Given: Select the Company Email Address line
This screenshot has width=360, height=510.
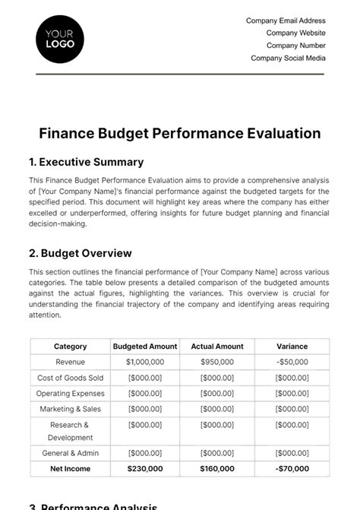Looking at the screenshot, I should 286,21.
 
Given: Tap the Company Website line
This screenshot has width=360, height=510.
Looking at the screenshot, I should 295,33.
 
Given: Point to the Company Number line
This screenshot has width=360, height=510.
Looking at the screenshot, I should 295,46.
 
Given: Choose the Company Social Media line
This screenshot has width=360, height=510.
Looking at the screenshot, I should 288,58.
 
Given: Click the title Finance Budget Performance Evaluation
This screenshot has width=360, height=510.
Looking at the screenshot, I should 180,134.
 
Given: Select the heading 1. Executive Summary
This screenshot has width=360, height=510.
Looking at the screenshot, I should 86,162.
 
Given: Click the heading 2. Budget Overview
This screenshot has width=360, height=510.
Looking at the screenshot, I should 80,253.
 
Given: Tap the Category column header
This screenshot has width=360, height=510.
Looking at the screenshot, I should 71,347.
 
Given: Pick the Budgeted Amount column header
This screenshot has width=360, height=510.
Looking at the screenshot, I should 145,347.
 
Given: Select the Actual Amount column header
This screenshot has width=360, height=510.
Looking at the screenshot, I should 217,347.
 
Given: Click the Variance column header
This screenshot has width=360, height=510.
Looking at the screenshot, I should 292,347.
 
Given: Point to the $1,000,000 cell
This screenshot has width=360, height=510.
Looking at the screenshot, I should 145,363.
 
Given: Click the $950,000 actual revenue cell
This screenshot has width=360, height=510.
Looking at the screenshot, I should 217,363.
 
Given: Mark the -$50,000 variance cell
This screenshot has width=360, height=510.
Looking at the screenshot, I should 292,363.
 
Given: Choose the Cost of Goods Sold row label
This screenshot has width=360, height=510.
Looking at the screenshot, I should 71,378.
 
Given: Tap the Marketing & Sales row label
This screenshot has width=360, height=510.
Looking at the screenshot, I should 71,409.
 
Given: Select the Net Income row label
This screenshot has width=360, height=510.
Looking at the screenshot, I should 71,469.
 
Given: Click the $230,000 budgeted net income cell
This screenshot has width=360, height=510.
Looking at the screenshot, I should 145,469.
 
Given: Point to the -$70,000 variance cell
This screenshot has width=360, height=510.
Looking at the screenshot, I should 292,469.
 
